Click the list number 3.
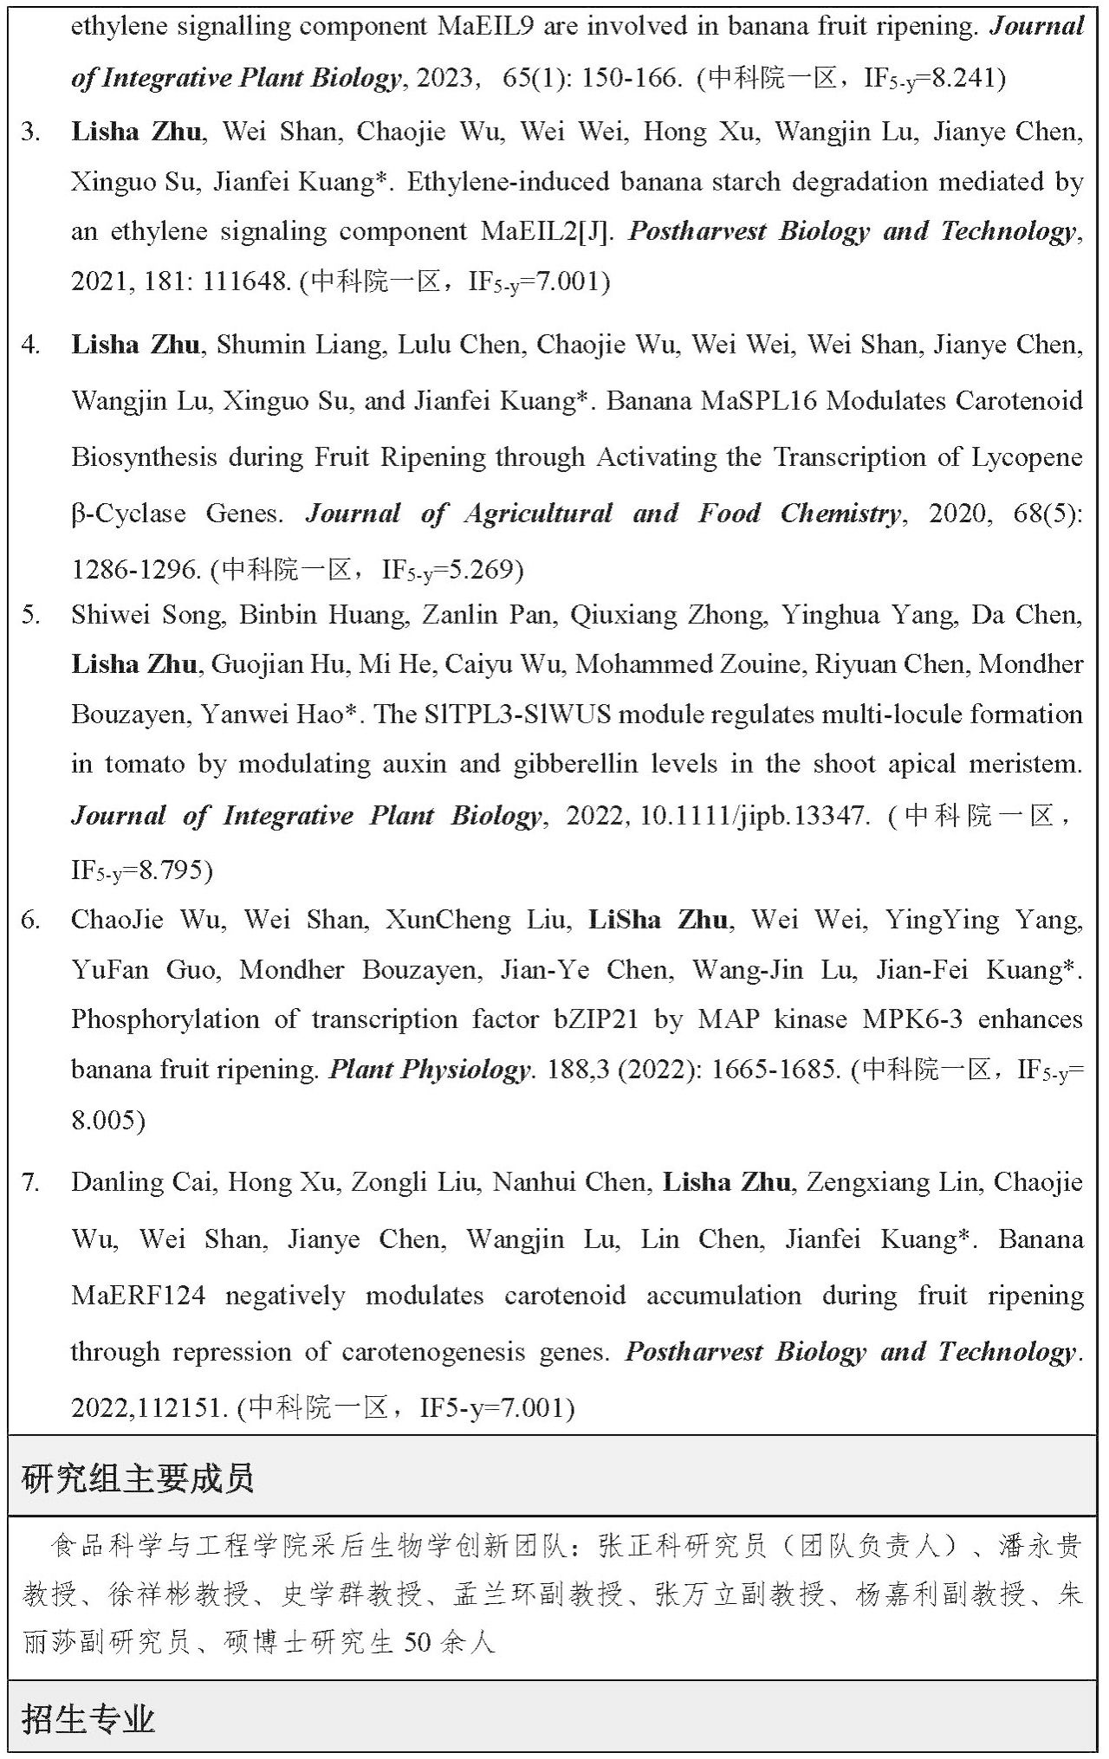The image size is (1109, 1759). (x=30, y=133)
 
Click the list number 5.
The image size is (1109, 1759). (x=30, y=615)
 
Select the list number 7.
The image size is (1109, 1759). (x=30, y=1182)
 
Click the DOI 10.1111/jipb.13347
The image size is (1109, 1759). (x=753, y=816)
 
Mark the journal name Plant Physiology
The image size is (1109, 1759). (x=429, y=1070)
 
